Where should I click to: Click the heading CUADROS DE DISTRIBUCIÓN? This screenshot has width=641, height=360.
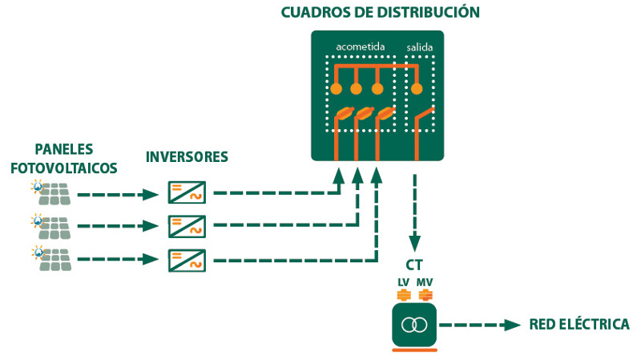click(380, 12)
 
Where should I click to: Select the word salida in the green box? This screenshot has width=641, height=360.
click(419, 47)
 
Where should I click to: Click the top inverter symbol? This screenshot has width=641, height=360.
click(187, 193)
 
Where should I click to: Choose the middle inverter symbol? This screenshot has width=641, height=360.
click(187, 226)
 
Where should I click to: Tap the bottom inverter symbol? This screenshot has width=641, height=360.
click(187, 260)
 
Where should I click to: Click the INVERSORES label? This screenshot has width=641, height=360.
click(187, 156)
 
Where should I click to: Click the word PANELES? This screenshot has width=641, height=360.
click(64, 150)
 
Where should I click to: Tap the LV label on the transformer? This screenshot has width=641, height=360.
click(403, 282)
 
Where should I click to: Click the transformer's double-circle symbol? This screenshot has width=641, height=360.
click(413, 325)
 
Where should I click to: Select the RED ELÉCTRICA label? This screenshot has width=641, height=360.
click(579, 325)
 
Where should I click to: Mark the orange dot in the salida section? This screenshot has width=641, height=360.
click(417, 90)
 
